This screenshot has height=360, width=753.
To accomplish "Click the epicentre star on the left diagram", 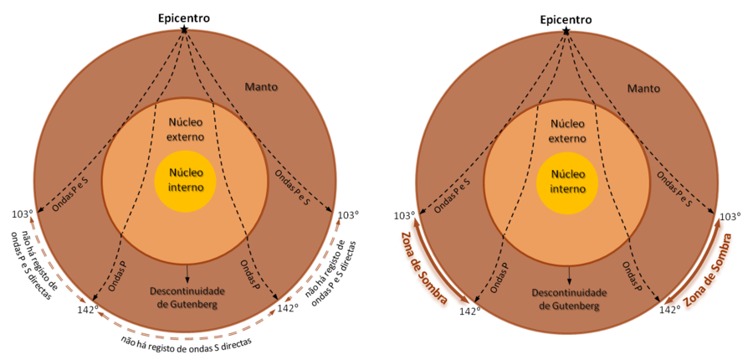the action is point(184,30).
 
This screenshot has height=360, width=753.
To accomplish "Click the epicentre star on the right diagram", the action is point(566,30).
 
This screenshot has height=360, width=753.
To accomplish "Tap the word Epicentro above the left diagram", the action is point(184,18).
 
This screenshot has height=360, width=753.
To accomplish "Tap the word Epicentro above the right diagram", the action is point(566,19).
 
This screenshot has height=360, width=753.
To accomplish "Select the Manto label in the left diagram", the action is point(261,87).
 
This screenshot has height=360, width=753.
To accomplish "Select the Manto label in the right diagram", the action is point(643,89).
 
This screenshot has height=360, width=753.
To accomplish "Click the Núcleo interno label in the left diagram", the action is point(185,180).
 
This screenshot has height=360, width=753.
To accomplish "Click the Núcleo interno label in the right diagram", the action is point(567,181).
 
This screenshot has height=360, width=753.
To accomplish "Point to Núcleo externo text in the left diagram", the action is point(185,130).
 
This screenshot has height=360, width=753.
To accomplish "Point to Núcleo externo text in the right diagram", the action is point(567,131).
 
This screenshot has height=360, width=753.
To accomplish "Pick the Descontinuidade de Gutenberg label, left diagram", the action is point(187,298).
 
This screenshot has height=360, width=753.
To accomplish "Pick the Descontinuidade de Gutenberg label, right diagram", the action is point(570,299).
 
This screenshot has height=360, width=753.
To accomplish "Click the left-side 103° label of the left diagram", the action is point(22,213).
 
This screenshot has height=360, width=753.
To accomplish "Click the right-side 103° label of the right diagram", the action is point(731,217).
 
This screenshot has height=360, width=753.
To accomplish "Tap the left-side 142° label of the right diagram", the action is point(470,311).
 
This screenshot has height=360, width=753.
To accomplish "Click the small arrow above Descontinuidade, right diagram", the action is point(570,274).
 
